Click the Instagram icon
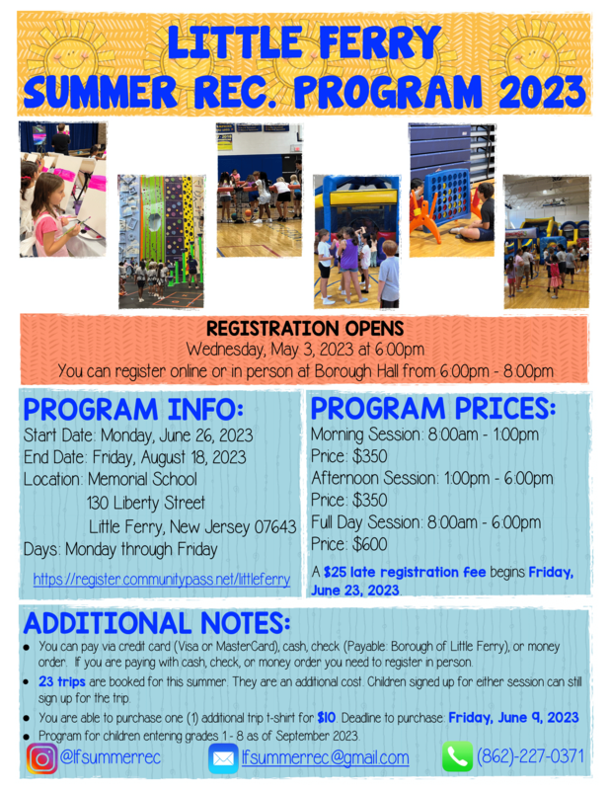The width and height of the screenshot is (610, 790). (x=41, y=758)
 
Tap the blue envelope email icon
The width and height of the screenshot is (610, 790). (x=223, y=758)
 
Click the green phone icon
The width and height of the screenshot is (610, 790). (x=457, y=756)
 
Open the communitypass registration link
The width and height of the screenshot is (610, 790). (x=162, y=579)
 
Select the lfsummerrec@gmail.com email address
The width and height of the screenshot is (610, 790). (x=325, y=757)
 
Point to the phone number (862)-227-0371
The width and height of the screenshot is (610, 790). (x=530, y=756)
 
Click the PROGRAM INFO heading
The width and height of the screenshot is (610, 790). (x=133, y=409)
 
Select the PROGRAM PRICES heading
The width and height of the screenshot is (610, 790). (x=433, y=408)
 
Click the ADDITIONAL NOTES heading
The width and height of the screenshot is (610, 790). (x=157, y=623)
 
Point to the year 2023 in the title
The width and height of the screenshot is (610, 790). (x=543, y=92)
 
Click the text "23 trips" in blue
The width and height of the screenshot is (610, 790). (x=62, y=681)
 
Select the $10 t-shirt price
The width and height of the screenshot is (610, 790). (x=327, y=718)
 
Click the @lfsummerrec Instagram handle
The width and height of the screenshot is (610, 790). (x=111, y=757)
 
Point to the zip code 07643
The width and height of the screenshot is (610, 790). (x=275, y=527)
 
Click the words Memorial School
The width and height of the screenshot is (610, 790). (x=142, y=479)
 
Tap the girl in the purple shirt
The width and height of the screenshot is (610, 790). (x=349, y=263)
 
